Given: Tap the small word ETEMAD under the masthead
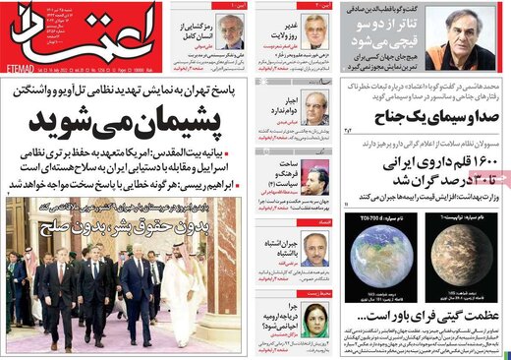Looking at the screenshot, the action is coord(21,72).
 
